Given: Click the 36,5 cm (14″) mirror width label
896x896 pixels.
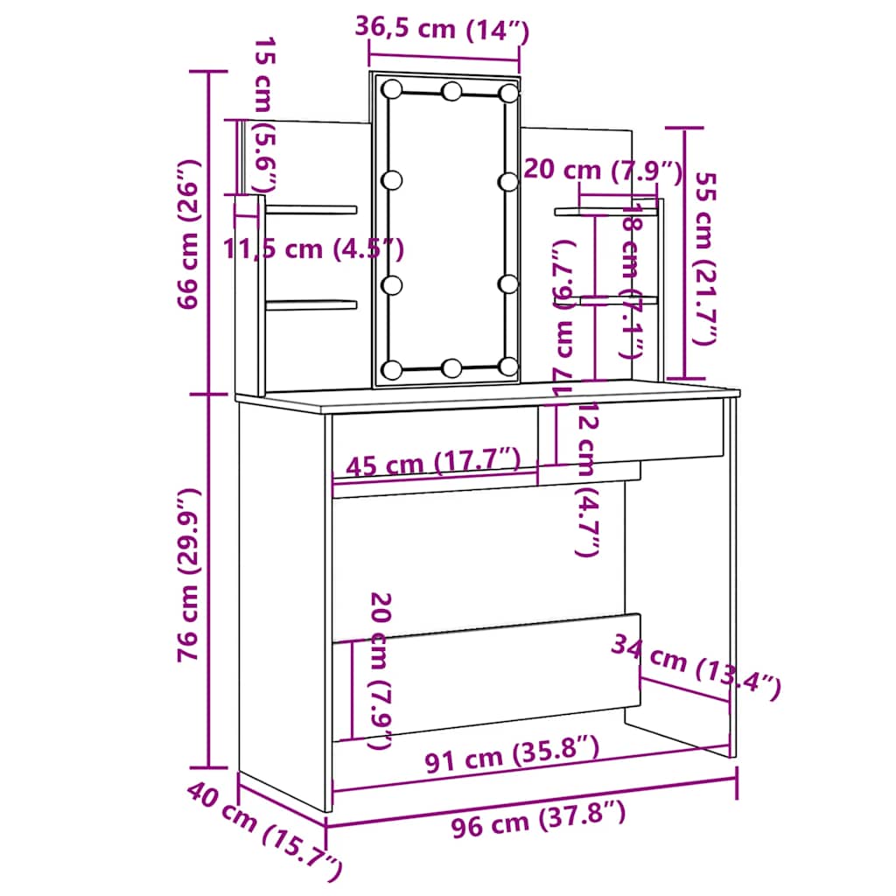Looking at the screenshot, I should tap(442, 29).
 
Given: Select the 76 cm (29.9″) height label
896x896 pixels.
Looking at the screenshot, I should tap(190, 582).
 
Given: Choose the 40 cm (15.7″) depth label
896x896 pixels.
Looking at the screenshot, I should tap(262, 831).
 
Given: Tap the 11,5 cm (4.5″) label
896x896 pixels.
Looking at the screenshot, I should tap(312, 249).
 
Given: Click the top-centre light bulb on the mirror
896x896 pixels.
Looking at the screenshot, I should tap(451, 91).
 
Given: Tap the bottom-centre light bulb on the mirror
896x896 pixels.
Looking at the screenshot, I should tap(451, 367).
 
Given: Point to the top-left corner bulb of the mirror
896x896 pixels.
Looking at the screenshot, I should tap(391, 89).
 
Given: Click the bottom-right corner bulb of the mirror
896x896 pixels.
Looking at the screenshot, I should tap(508, 366).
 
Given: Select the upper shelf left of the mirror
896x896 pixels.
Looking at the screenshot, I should tap(311, 209).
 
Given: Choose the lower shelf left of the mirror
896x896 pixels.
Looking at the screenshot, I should tap(311, 304).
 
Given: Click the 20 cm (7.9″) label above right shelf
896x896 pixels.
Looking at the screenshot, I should tap(602, 171).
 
